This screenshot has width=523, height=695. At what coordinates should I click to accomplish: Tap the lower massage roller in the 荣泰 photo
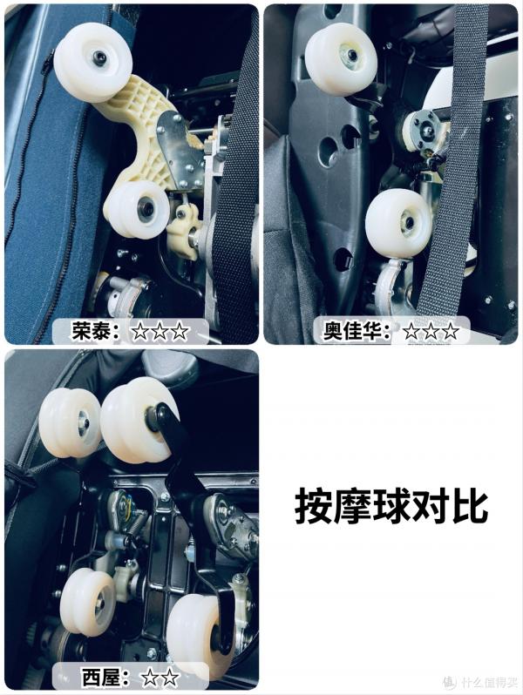tap(137, 209)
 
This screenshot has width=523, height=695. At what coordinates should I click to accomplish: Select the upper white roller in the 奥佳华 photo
tap(340, 59)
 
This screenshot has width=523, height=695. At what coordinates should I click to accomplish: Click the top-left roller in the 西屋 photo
tap(70, 422)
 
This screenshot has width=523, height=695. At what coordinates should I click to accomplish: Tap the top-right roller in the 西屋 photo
tap(138, 420)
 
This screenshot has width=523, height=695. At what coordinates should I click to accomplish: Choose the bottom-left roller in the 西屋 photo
tap(88, 601)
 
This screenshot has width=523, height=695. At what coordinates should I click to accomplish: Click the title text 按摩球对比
tap(391, 505)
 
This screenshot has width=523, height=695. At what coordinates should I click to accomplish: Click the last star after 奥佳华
tap(450, 332)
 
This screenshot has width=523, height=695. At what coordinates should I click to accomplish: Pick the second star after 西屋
tap(170, 677)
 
